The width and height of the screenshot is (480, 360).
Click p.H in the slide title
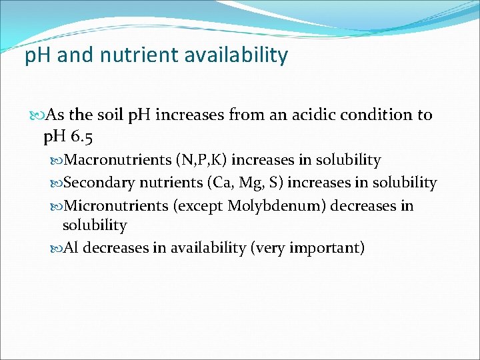39,55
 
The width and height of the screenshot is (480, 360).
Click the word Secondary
99,183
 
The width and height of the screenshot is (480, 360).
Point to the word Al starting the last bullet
71,249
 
